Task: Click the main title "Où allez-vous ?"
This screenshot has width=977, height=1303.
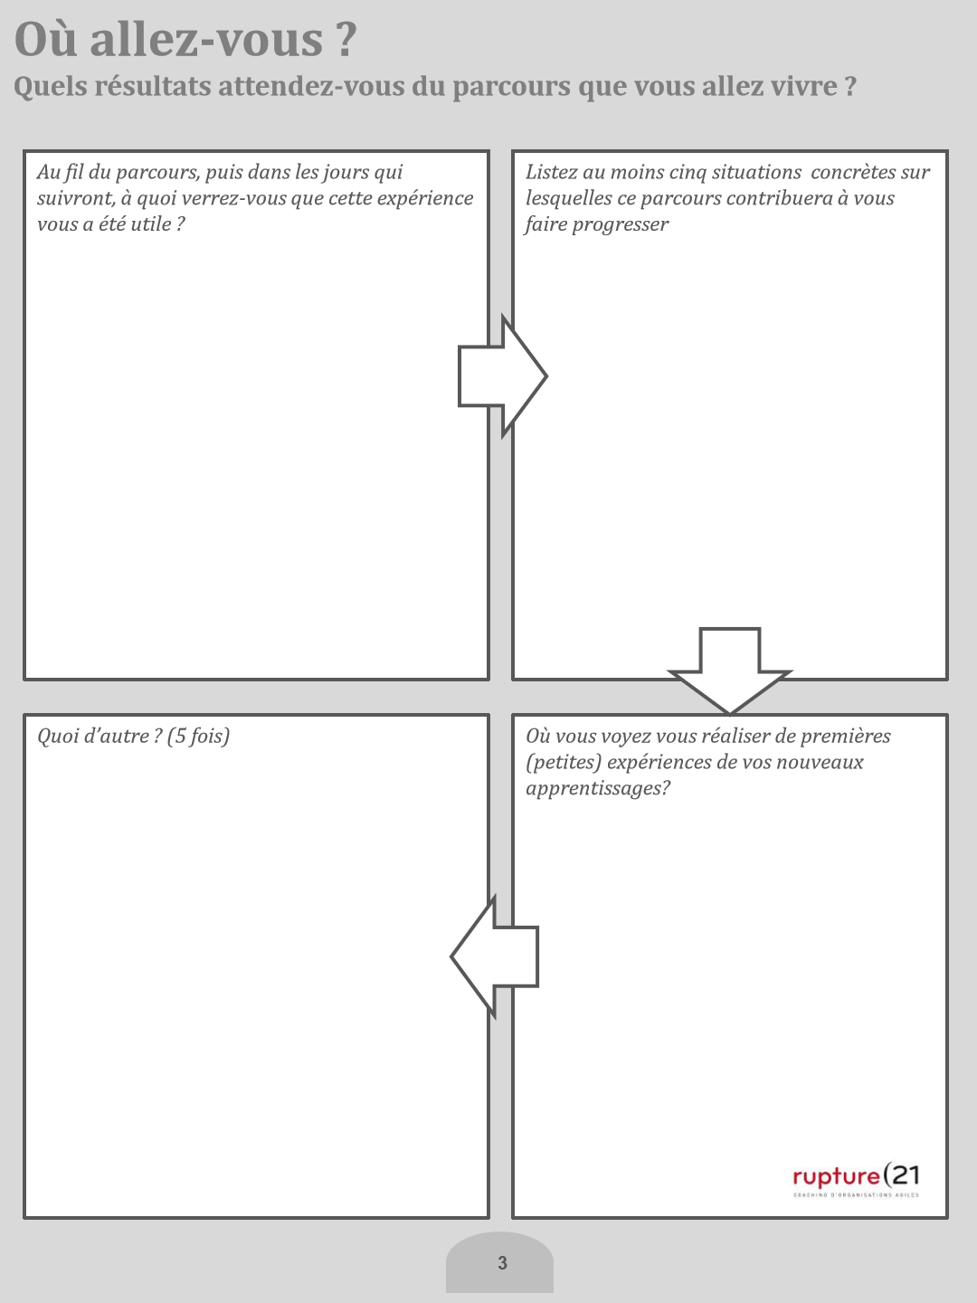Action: pos(185,40)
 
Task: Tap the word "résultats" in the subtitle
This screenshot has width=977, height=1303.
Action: pos(152,87)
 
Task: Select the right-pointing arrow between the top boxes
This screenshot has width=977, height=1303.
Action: pos(503,376)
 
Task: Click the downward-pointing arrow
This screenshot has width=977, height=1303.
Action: pos(730,671)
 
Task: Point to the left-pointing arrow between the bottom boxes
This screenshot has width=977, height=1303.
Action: pos(495,956)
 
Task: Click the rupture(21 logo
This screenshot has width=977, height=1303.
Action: pos(856,1178)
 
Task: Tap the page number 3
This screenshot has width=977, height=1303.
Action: pos(502,1263)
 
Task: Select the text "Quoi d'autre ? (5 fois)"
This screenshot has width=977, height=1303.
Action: pos(134,736)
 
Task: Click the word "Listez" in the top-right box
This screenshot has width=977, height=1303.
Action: pos(551,172)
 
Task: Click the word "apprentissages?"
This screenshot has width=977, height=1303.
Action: pos(598,788)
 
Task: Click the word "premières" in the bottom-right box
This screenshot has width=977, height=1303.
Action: pos(846,736)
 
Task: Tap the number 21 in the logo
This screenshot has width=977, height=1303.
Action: pos(905,1175)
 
